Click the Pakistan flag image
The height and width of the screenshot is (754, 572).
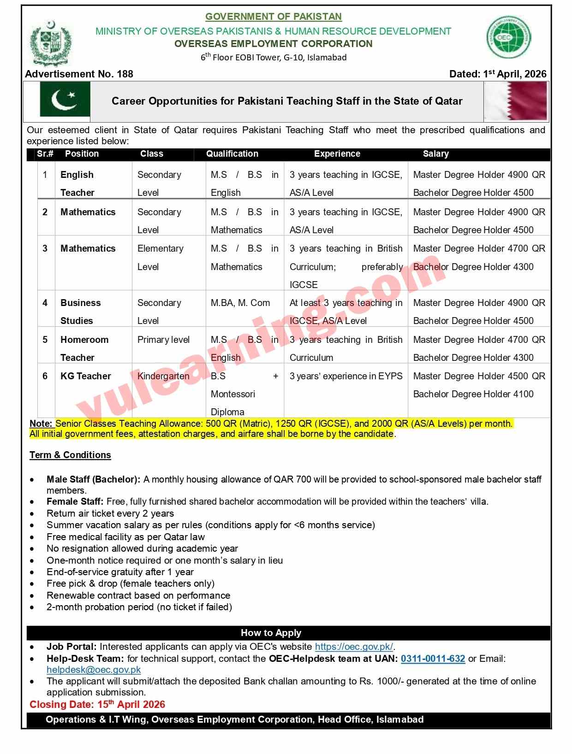tap(65, 100)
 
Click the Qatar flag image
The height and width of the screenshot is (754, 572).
tap(516, 101)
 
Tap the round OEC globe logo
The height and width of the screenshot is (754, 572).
tap(508, 37)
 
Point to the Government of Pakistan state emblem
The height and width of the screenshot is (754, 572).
tap(51, 43)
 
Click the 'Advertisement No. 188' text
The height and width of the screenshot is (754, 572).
tap(79, 74)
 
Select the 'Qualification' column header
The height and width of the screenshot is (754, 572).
tap(232, 154)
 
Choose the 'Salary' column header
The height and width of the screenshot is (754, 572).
tap(435, 154)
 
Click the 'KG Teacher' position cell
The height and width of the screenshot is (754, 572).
tap(86, 376)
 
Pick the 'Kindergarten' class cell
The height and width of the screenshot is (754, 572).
tap(163, 376)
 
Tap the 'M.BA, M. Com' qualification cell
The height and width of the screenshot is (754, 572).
tap(240, 303)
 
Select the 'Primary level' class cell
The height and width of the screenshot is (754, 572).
tap(163, 340)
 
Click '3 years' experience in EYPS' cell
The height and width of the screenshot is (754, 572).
tap(346, 376)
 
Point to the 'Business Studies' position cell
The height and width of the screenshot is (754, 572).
tap(80, 312)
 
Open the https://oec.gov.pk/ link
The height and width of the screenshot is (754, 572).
tap(354, 647)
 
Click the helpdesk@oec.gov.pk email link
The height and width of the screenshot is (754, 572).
tap(94, 670)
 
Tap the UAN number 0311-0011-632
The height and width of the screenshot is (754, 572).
tap(433, 659)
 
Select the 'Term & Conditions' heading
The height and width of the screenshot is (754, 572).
tap(70, 455)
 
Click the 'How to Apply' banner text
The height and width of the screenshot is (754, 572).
tap(271, 633)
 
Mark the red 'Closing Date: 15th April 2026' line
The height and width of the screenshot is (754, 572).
tap(97, 704)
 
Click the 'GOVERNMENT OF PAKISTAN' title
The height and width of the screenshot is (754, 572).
tap(274, 17)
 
